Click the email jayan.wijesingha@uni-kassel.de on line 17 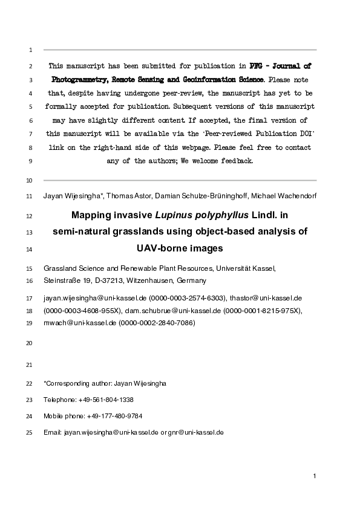coord(95,298)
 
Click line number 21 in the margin coord(30,366)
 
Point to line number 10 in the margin coord(30,181)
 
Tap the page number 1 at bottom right coord(315,477)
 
